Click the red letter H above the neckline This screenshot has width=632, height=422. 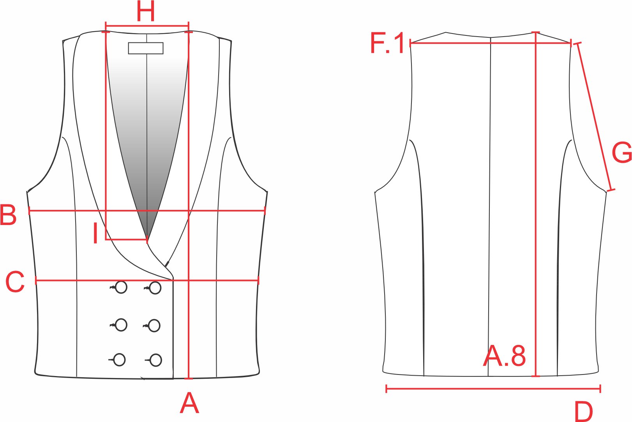coord(146,11)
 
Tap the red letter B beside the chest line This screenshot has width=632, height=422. coord(8,215)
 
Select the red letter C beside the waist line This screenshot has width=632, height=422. coord(15,281)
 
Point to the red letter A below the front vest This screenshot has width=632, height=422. coord(190,403)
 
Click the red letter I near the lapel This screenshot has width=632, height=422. coord(95,233)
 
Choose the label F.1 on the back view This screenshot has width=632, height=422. coord(387,43)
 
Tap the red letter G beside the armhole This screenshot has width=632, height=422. coord(622,153)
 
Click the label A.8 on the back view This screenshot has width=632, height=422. coord(504,356)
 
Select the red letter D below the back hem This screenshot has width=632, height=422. coord(584,411)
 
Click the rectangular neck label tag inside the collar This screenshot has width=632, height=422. coord(146,48)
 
